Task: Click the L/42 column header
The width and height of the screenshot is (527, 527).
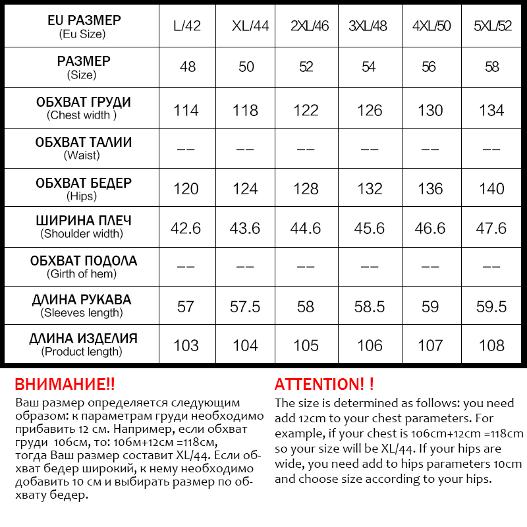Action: click(186, 27)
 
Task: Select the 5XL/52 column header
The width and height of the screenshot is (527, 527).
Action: click(492, 27)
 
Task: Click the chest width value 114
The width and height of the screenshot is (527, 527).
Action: click(186, 110)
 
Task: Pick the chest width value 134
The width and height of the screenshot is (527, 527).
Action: click(491, 110)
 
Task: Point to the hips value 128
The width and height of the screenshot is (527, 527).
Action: click(306, 189)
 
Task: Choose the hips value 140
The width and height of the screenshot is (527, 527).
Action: click(491, 189)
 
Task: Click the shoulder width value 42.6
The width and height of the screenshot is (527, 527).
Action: click(186, 228)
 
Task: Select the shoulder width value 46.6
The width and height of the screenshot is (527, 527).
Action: click(430, 228)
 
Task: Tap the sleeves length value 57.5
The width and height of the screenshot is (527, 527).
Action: click(245, 306)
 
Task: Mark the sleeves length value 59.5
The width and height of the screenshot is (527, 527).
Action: click(491, 306)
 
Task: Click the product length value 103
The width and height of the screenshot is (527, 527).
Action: click(186, 345)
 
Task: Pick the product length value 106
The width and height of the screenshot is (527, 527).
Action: click(370, 345)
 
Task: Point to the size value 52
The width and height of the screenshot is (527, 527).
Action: click(306, 67)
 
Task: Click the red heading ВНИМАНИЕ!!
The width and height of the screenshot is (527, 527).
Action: click(65, 385)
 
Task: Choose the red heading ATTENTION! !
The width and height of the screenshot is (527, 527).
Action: click(324, 385)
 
